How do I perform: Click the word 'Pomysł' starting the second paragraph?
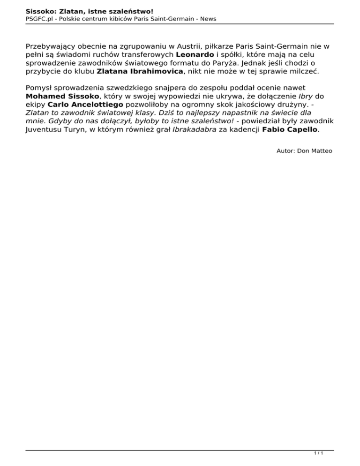click(40, 87)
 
